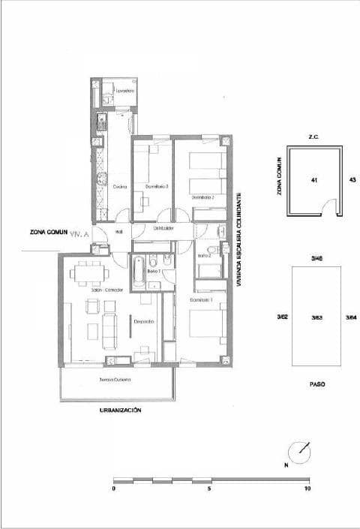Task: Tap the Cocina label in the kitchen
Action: pos(119,186)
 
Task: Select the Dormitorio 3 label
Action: pos(155,186)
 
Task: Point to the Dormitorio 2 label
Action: pos(203,197)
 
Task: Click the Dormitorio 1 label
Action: pos(202,299)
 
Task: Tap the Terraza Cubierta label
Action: pos(115,380)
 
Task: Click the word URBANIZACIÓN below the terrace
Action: pos(120,410)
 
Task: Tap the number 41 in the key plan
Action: pos(313,180)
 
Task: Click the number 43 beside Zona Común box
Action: pos(352,180)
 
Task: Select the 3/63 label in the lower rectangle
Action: pos(316,317)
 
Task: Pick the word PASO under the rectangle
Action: pos(317,383)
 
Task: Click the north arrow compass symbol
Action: pos(301,452)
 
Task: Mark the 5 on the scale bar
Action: pos(210,488)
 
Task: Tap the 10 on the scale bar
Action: pos(307,488)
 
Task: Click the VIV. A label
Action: pos(79,234)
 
